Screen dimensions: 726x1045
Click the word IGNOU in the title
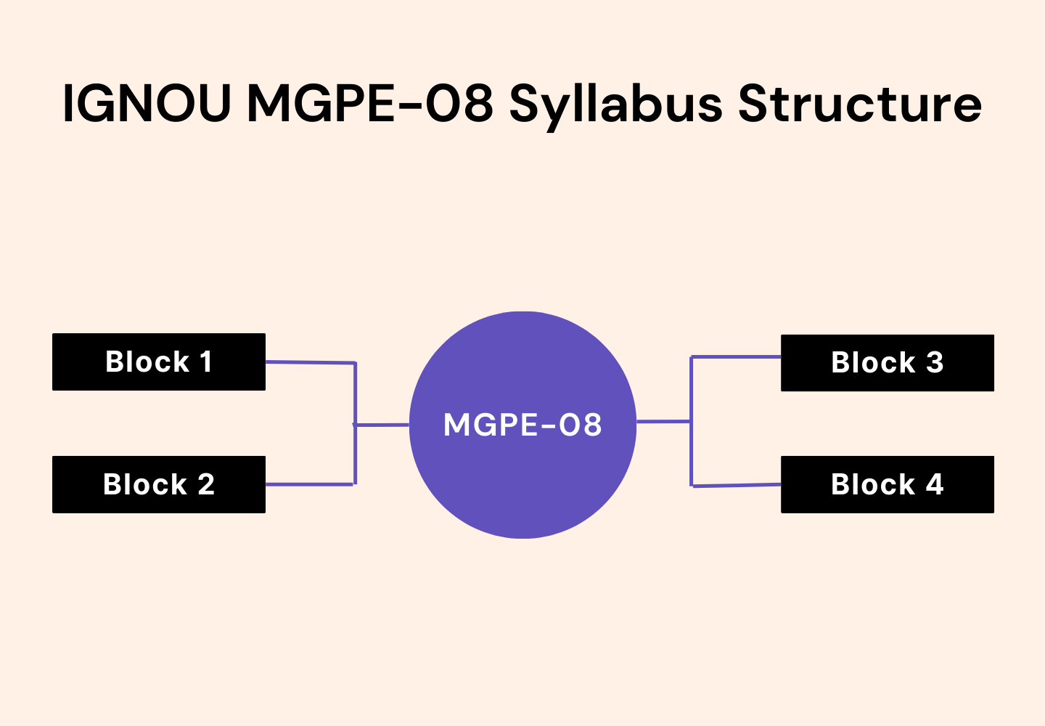(x=146, y=103)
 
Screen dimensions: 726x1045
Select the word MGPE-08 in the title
(x=370, y=103)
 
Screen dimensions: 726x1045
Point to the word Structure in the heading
(x=859, y=103)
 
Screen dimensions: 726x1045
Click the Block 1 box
(x=158, y=362)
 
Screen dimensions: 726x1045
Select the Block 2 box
(x=158, y=484)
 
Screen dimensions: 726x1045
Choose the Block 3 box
(x=887, y=362)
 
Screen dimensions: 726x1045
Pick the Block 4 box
(x=887, y=484)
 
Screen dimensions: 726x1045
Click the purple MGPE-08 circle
(x=522, y=479)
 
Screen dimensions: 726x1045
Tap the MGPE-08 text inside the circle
(x=522, y=425)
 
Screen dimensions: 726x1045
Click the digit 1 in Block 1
(x=206, y=362)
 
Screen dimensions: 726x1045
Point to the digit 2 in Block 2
(x=206, y=484)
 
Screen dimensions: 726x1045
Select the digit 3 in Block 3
(x=935, y=362)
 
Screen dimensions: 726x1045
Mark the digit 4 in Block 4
(x=935, y=484)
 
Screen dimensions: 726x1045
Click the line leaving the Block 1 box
(x=310, y=362)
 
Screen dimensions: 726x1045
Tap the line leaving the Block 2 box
(x=310, y=484)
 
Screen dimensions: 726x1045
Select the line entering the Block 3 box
(x=736, y=357)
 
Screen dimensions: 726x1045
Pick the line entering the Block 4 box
(x=736, y=486)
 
